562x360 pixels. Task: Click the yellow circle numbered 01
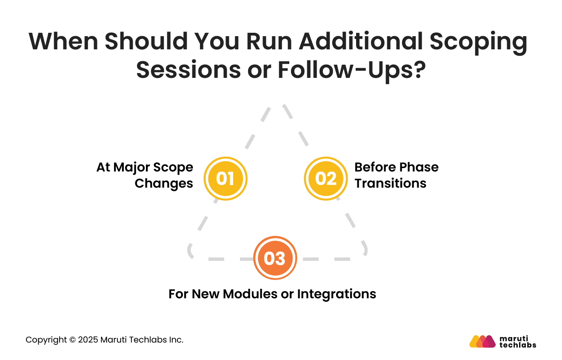tap(225, 179)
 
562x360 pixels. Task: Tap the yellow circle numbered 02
tap(325, 179)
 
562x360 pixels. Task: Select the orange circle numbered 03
tap(275, 258)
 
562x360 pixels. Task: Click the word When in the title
tap(63, 42)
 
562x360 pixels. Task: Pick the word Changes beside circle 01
tap(164, 183)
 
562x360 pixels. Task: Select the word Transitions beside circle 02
tap(390, 183)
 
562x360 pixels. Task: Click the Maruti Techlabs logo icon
tap(482, 341)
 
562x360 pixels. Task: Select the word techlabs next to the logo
tap(518, 345)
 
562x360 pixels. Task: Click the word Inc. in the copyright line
tap(176, 340)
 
